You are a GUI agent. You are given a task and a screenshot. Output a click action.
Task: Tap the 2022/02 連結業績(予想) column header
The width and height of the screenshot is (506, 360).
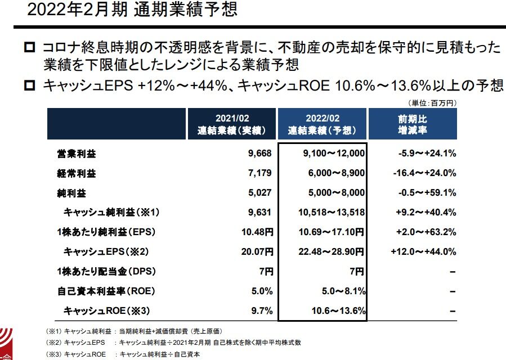click(322, 124)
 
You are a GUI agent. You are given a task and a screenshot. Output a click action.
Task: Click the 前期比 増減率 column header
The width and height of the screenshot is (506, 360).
click(411, 124)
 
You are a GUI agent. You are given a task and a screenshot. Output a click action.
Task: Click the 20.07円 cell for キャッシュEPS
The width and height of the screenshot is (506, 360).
click(257, 251)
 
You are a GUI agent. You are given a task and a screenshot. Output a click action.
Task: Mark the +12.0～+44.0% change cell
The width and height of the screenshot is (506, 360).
click(423, 251)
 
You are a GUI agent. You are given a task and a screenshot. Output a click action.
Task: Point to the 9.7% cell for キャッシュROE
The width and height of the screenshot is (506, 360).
click(263, 310)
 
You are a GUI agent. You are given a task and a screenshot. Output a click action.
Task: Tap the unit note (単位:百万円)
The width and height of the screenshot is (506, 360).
click(431, 103)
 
